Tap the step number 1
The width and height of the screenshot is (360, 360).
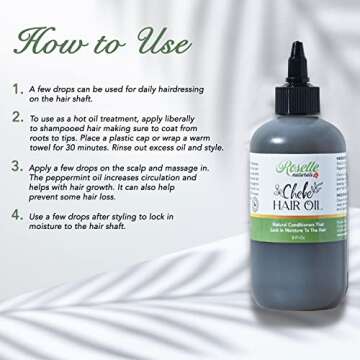[17, 89]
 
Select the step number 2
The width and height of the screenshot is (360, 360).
[17, 118]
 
